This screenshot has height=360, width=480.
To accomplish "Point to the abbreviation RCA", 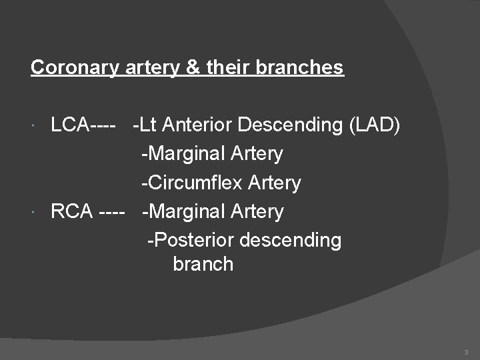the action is click(x=71, y=211).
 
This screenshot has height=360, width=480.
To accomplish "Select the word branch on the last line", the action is click(x=203, y=264).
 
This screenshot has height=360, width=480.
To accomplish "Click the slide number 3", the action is click(x=466, y=351).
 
